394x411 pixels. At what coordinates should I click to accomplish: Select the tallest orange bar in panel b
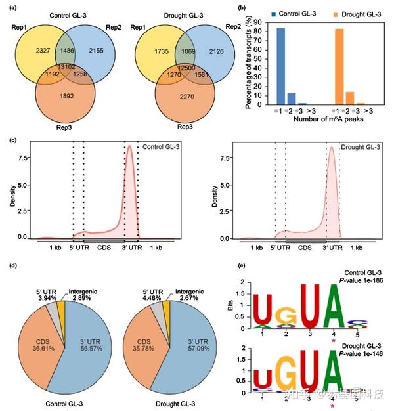339,66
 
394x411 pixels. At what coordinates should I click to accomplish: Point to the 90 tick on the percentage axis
259,22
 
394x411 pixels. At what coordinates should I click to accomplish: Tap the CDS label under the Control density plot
104,248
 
